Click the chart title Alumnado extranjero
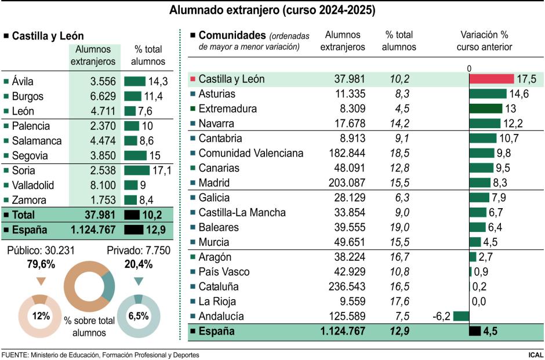click(272, 10)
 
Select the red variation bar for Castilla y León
click(491, 79)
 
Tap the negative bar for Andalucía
click(461, 317)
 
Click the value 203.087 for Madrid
click(343, 183)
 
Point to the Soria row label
click(23, 171)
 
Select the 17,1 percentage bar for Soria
click(137, 171)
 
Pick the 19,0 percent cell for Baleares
click(399, 227)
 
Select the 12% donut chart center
click(40, 317)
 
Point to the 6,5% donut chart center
click(138, 317)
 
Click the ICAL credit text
click(536, 354)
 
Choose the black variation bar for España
click(474, 332)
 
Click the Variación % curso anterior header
click(484, 41)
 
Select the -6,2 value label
click(442, 317)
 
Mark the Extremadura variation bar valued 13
click(485, 109)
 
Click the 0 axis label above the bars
click(469, 68)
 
